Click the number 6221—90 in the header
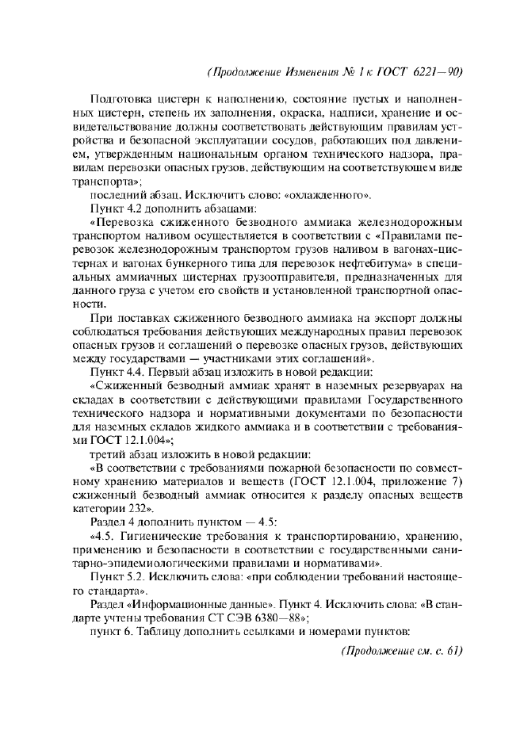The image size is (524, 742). click(x=436, y=72)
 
